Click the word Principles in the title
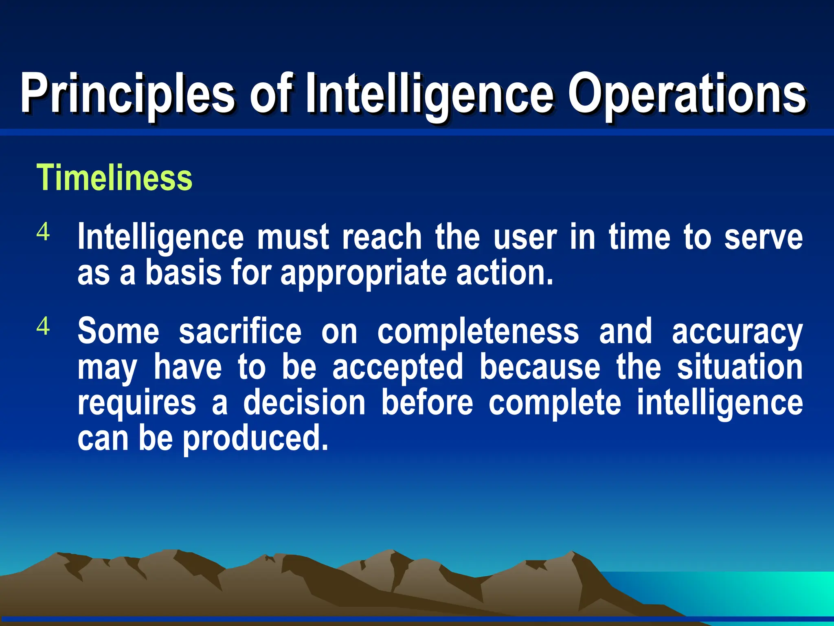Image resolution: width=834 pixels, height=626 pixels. pos(127,94)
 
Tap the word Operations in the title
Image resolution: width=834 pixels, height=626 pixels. pos(687,94)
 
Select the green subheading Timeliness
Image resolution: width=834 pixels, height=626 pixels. pos(114,178)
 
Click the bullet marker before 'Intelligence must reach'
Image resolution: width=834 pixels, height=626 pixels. pos(43,232)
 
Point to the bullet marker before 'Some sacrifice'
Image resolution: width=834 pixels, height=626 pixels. pos(43,326)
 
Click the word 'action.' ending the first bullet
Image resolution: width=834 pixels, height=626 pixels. pos(505,273)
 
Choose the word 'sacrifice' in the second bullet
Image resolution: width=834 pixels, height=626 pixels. pos(240,331)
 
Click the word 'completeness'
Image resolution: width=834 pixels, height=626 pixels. pos(478,331)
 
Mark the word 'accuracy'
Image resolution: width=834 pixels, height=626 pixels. pos(737,331)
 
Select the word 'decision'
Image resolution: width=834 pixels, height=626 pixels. pos(305,403)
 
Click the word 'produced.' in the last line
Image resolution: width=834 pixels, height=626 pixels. pos(255,439)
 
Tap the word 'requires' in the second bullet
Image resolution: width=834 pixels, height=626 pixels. pos(137,403)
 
